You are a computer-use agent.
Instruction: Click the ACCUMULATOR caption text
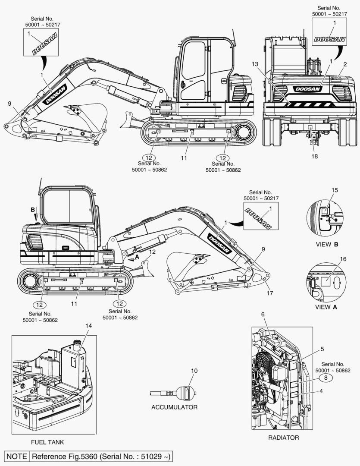pyautogui.click(x=174, y=407)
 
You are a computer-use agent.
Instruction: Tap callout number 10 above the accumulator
pyautogui.click(x=194, y=371)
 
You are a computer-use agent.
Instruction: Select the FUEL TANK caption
pyautogui.click(x=47, y=442)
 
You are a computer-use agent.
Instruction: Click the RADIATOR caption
pyautogui.click(x=284, y=438)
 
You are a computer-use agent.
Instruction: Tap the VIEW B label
pyautogui.click(x=326, y=244)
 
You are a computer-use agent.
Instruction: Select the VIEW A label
pyautogui.click(x=326, y=307)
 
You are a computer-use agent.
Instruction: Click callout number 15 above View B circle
pyautogui.click(x=335, y=190)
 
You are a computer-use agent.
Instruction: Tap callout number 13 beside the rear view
pyautogui.click(x=255, y=64)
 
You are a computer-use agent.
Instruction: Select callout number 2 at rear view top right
pyautogui.click(x=344, y=64)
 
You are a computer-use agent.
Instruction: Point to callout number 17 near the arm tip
pyautogui.click(x=269, y=293)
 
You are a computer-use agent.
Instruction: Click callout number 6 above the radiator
pyautogui.click(x=262, y=315)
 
